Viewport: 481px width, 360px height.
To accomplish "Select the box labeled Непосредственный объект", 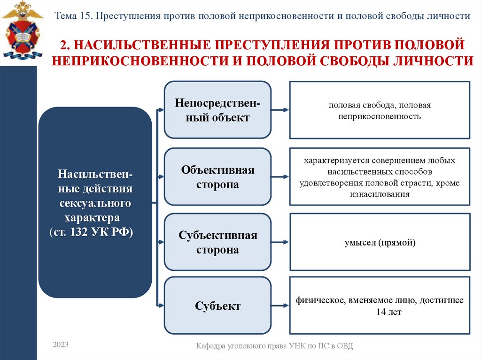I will [x=217, y=110].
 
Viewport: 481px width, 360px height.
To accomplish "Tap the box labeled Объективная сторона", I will [x=217, y=177].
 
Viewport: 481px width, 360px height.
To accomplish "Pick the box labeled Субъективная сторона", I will [x=217, y=242].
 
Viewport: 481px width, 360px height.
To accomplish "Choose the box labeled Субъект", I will [x=217, y=306].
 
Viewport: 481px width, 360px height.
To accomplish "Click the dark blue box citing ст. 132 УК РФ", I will [x=95, y=202].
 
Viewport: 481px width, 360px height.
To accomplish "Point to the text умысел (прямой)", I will [x=380, y=243].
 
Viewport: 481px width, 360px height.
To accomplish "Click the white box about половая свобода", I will [x=380, y=110].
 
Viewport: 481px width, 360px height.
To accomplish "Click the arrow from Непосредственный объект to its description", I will [x=280, y=110].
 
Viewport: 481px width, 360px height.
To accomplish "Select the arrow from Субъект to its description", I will [x=280, y=306].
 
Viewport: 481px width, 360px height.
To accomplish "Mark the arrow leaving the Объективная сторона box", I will [x=280, y=177].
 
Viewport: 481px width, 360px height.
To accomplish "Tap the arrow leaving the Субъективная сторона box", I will [x=280, y=242].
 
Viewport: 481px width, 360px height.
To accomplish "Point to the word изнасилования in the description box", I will [x=379, y=194].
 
